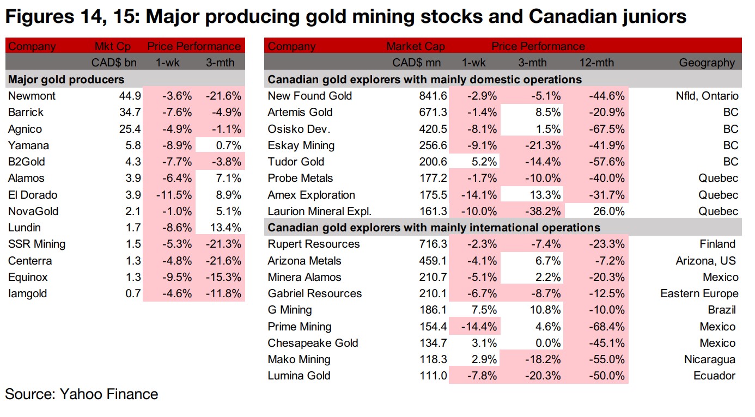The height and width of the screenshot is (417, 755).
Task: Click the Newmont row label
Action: pos(32,96)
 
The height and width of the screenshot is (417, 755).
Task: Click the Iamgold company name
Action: pos(28,294)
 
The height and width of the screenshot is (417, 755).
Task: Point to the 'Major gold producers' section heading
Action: pos(66,79)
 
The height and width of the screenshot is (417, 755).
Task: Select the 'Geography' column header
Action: pos(707,63)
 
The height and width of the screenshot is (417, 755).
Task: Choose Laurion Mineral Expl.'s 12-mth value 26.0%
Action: pos(607,211)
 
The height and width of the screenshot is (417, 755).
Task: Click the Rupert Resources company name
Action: pos(314,244)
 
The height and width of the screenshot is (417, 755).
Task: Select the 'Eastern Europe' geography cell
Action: pos(699,294)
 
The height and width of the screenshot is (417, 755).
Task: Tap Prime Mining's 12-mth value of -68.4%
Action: pos(606,327)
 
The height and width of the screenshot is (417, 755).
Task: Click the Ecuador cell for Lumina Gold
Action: pos(715,376)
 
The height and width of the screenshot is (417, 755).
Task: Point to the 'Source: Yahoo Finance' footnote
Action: pos(82,394)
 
